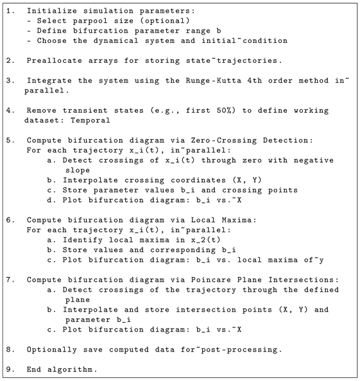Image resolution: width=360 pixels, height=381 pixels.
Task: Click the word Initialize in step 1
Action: point(51,12)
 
